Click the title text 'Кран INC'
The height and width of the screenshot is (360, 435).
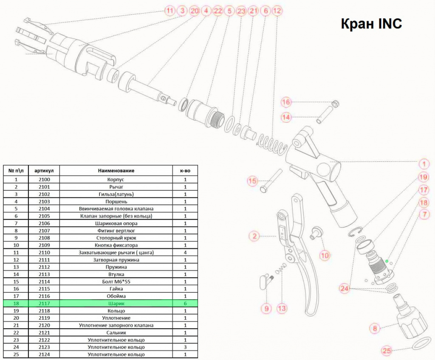371,23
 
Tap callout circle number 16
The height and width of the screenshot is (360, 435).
286,102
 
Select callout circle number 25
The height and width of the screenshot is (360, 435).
387,351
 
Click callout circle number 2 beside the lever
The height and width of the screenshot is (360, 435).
254,236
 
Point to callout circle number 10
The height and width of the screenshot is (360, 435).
325,255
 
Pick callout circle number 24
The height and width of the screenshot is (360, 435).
344,288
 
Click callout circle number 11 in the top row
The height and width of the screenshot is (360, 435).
169,11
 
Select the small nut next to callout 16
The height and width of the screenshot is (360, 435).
335,104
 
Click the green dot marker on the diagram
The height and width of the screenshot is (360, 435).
387,261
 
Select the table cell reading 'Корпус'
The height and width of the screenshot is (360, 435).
116,180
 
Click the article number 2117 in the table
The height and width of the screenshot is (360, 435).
44,304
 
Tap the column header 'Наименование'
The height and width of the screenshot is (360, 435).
116,171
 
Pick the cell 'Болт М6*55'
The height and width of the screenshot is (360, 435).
116,281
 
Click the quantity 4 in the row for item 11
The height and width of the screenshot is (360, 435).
185,253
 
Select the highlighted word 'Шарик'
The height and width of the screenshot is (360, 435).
116,304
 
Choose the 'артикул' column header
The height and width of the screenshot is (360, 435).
44,171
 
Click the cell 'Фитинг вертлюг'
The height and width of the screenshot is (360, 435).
116,231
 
